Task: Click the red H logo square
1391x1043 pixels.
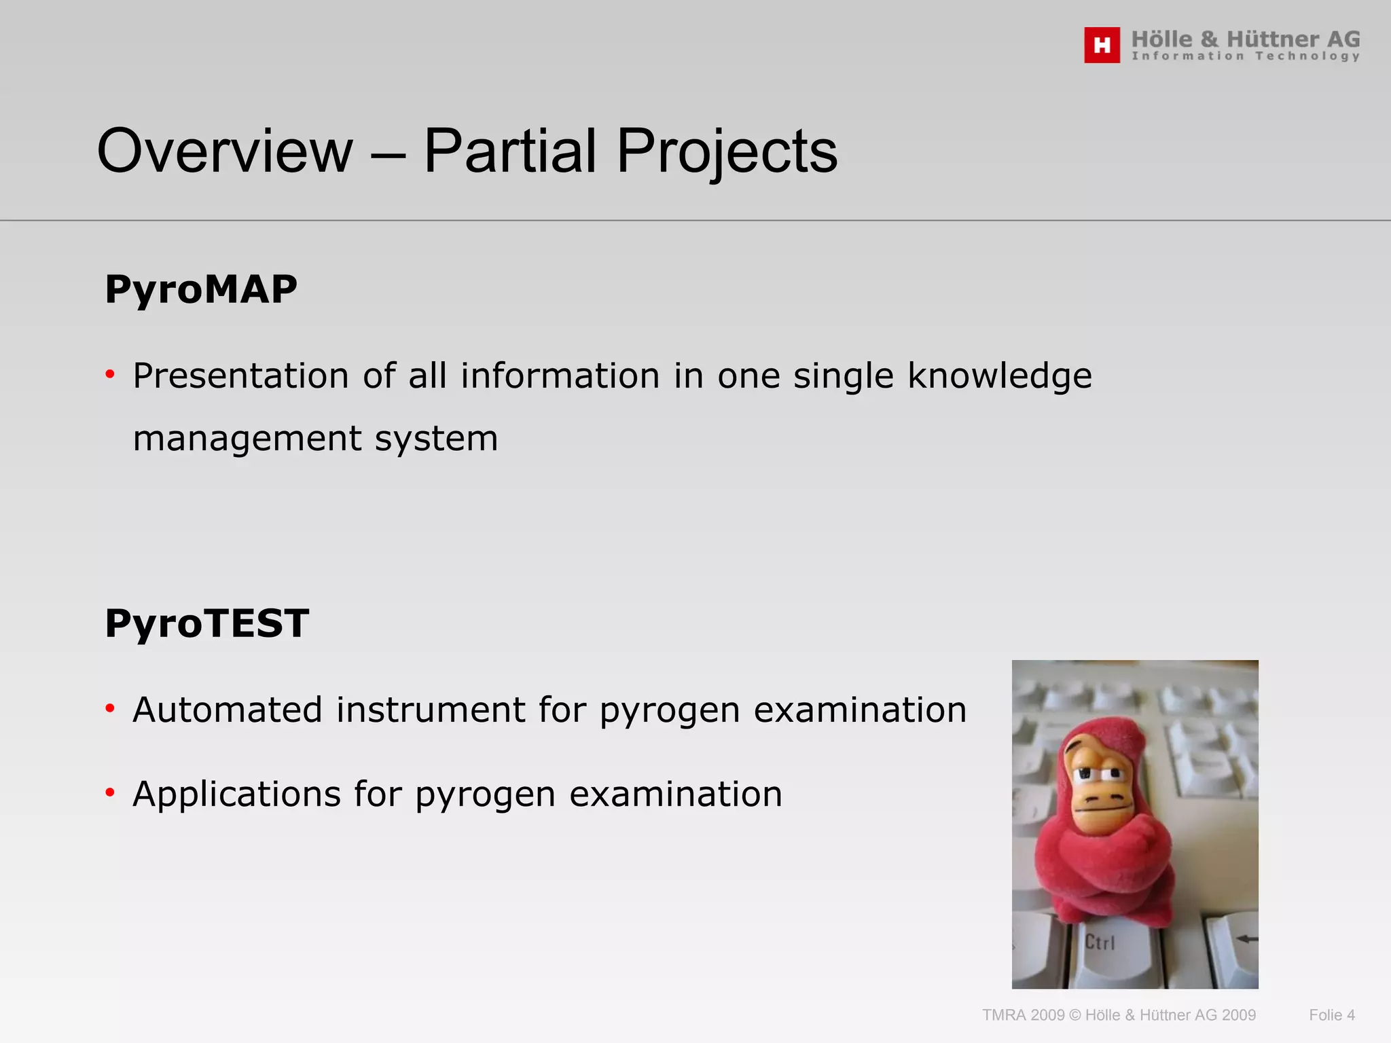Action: (x=1102, y=45)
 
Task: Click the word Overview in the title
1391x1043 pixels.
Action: (x=225, y=151)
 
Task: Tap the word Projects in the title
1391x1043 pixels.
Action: (x=727, y=151)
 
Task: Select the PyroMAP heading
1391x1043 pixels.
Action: (x=201, y=290)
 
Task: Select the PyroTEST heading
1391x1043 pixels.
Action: (x=207, y=624)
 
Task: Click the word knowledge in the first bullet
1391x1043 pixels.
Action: (x=999, y=376)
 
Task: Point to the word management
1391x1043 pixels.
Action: (x=247, y=439)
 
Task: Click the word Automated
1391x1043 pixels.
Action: (x=227, y=710)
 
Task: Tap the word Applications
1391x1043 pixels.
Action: (x=236, y=794)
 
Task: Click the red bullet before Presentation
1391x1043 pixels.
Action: (x=110, y=374)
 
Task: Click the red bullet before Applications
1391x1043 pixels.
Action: (x=110, y=792)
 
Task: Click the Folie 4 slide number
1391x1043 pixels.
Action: (x=1331, y=1015)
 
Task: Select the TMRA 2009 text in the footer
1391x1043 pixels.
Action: (x=1023, y=1015)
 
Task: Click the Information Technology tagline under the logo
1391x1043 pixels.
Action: (x=1245, y=56)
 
